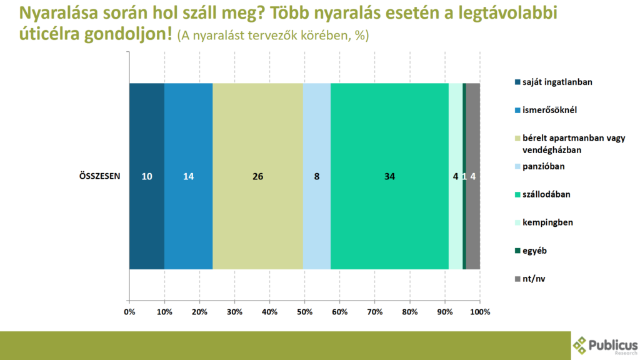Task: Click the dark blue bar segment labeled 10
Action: click(x=147, y=176)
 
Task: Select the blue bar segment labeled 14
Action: click(x=189, y=176)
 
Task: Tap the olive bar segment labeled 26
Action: click(x=257, y=176)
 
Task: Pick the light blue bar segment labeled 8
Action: click(x=317, y=176)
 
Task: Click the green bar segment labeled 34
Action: click(x=389, y=176)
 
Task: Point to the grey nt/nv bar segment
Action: click(x=473, y=176)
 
